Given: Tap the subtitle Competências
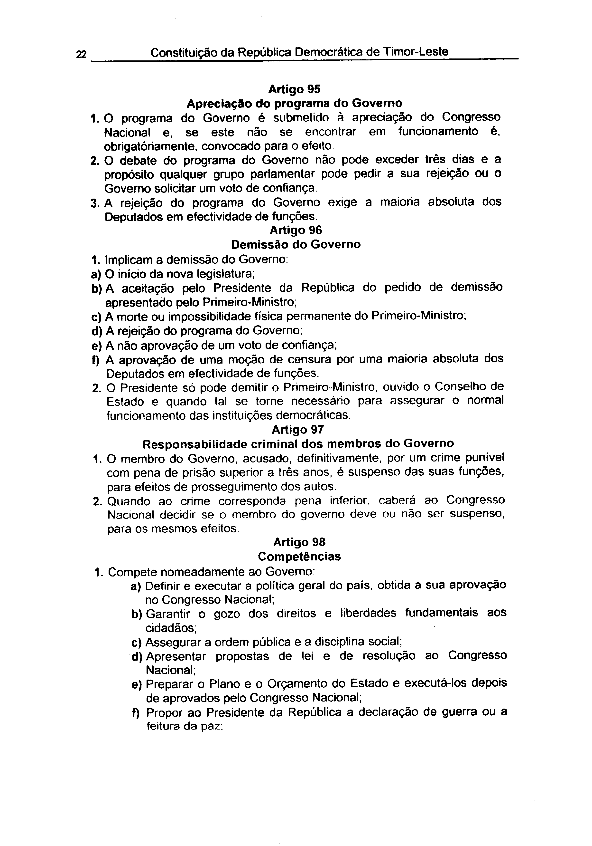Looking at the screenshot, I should click(299, 556).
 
